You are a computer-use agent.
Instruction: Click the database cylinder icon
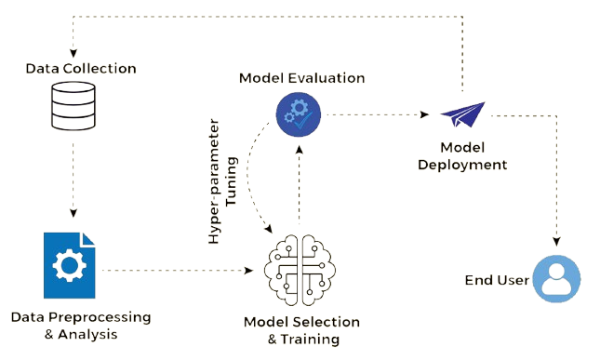[73, 106]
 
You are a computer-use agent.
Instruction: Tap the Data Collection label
[81, 69]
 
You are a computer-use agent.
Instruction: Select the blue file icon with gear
[69, 265]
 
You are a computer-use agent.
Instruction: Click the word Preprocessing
[100, 317]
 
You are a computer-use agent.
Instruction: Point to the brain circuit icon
[300, 270]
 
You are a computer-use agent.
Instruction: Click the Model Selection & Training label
[302, 330]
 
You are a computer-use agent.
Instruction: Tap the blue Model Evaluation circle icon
[299, 114]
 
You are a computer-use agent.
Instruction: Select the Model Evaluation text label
[302, 78]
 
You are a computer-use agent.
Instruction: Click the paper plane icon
[462, 114]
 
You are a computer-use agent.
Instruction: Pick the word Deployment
[462, 165]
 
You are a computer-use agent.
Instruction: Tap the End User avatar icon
[557, 279]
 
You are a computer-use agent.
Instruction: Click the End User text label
[497, 280]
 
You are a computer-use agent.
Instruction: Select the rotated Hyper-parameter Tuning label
[222, 181]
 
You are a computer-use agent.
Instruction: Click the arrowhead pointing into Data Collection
[73, 53]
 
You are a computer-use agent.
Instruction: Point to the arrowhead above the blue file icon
[73, 213]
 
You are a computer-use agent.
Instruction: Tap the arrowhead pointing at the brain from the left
[248, 271]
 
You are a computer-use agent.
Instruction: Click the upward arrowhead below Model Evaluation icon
[300, 149]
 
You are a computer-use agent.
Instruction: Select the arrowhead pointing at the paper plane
[424, 114]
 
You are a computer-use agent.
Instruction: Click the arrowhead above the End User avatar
[557, 242]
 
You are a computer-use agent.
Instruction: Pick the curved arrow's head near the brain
[269, 229]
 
